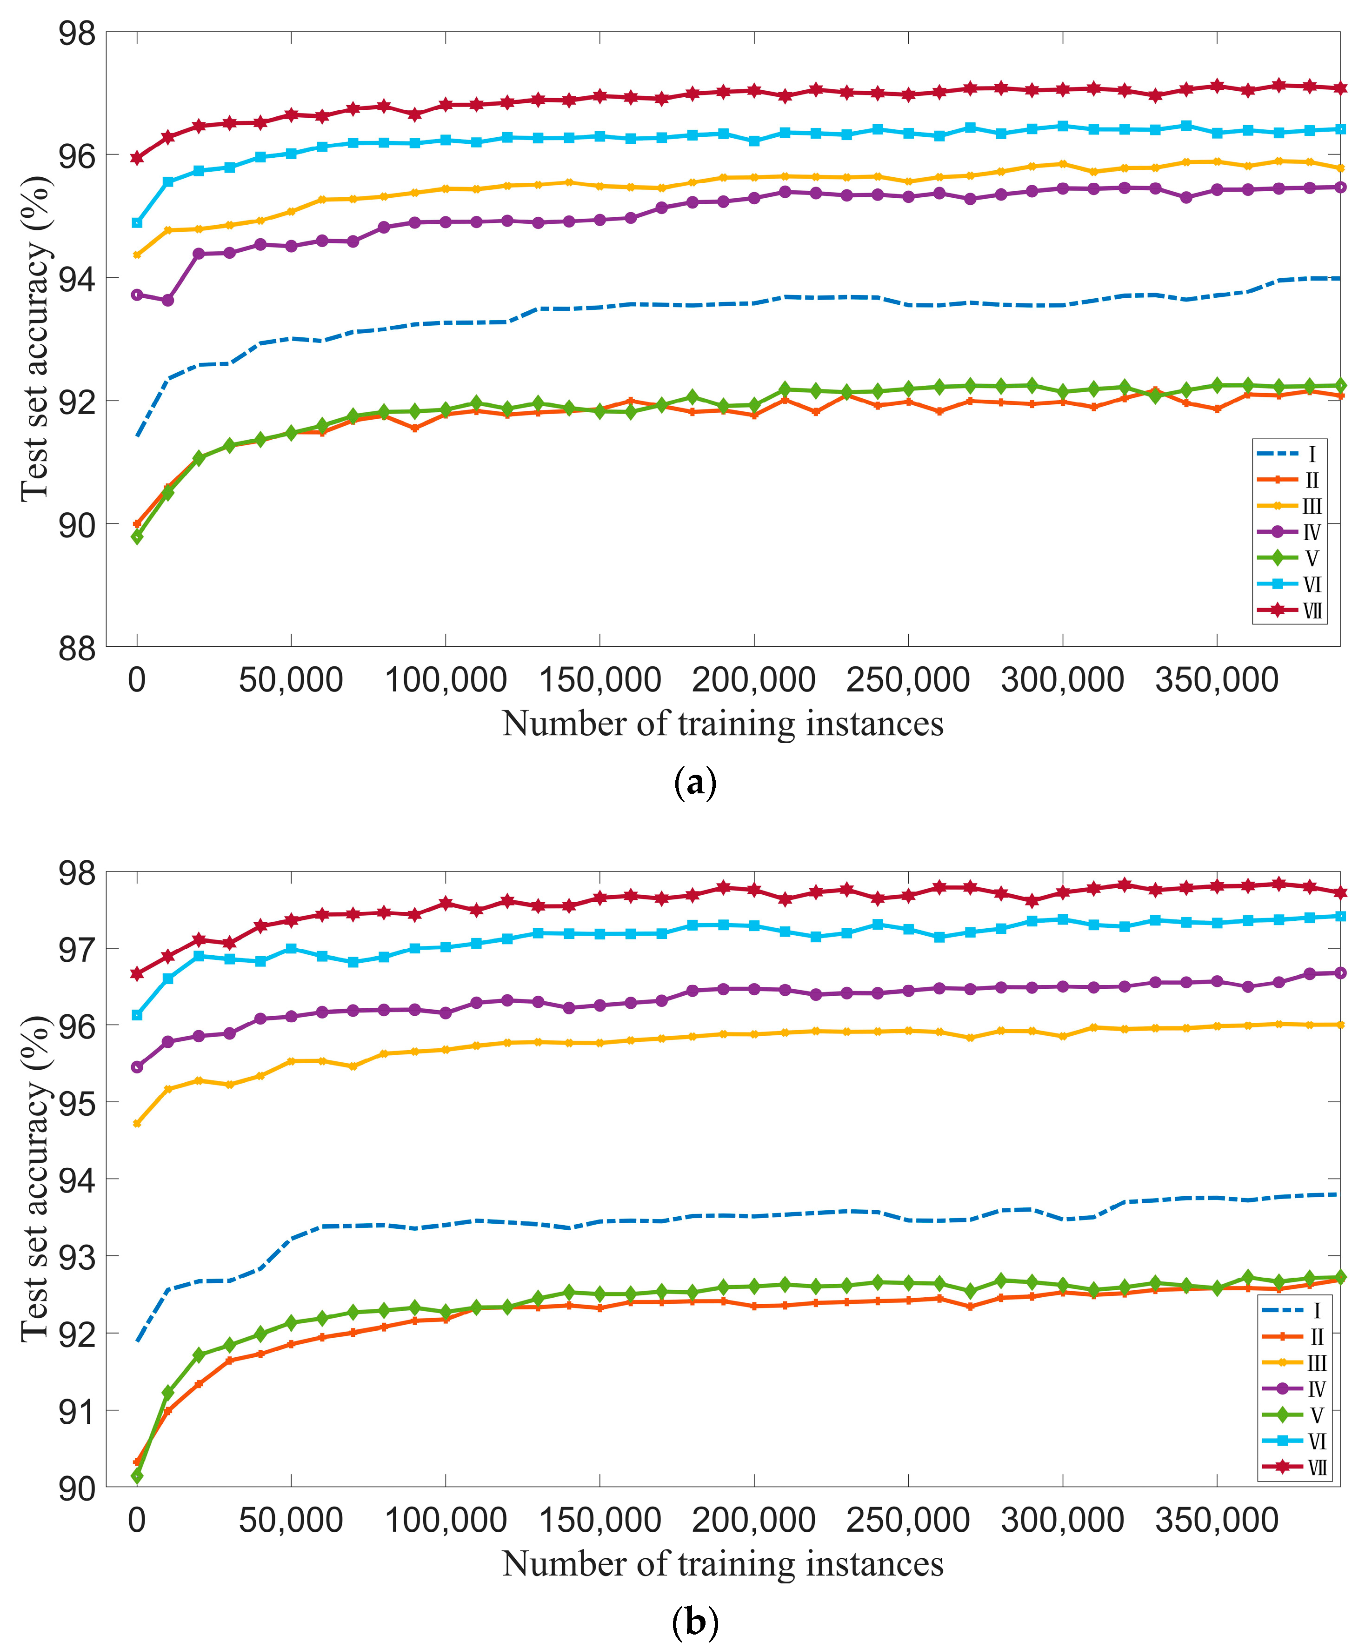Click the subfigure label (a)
[695, 784]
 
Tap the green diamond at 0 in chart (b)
[137, 1477]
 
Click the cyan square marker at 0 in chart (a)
[137, 223]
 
